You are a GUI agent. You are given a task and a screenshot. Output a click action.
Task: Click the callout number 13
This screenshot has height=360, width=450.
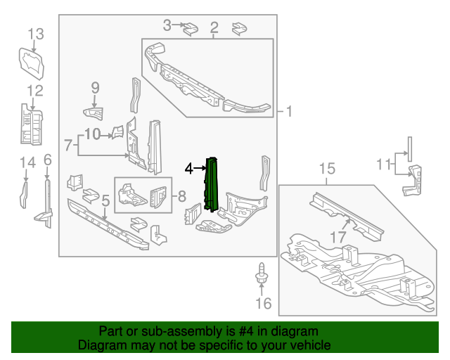36,34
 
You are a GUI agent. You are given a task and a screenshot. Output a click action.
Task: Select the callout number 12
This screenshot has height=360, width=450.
35,90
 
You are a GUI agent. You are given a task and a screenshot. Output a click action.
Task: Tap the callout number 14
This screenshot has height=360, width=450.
27,164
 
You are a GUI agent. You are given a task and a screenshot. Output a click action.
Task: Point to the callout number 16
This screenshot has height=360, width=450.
262,304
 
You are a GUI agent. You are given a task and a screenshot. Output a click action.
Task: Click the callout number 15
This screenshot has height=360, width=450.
328,168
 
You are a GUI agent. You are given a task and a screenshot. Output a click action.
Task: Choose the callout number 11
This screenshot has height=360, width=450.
383,165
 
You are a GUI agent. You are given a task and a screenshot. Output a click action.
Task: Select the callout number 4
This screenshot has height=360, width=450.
188,168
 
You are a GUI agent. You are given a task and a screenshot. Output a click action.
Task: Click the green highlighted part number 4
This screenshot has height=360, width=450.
212,184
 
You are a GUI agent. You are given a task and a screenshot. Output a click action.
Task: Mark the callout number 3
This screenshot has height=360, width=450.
167,26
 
